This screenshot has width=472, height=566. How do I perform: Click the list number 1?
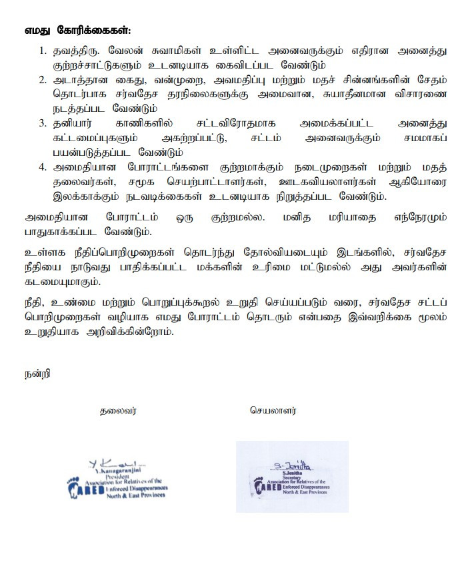point(43,50)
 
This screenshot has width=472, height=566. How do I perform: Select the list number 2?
point(43,80)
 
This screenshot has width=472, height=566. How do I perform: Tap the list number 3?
point(43,123)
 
